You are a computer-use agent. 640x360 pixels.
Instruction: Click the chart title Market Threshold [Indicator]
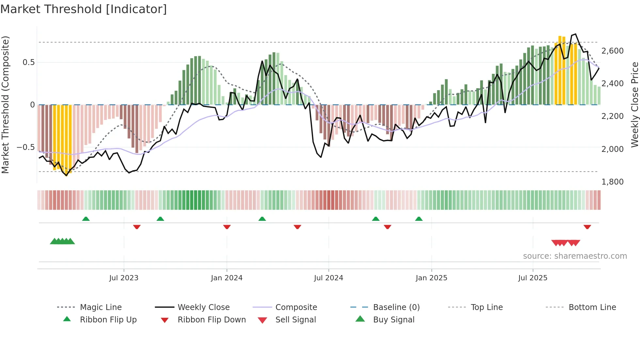click(84, 9)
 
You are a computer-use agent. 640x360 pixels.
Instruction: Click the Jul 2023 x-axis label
click(124, 278)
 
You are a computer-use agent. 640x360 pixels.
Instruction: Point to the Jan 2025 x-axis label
click(431, 278)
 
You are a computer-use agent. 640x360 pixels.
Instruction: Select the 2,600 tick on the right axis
click(612, 51)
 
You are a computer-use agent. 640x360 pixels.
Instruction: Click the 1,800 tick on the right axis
click(612, 182)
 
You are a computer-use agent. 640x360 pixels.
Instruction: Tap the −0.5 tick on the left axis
click(25, 147)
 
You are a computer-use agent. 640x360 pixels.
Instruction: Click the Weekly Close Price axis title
click(634, 105)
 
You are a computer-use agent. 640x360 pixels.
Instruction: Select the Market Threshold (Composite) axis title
click(5, 105)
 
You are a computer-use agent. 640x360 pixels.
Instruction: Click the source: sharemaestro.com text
click(575, 256)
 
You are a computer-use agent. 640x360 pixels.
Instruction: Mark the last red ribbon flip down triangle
click(587, 227)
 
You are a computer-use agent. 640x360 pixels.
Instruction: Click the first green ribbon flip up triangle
click(86, 219)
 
